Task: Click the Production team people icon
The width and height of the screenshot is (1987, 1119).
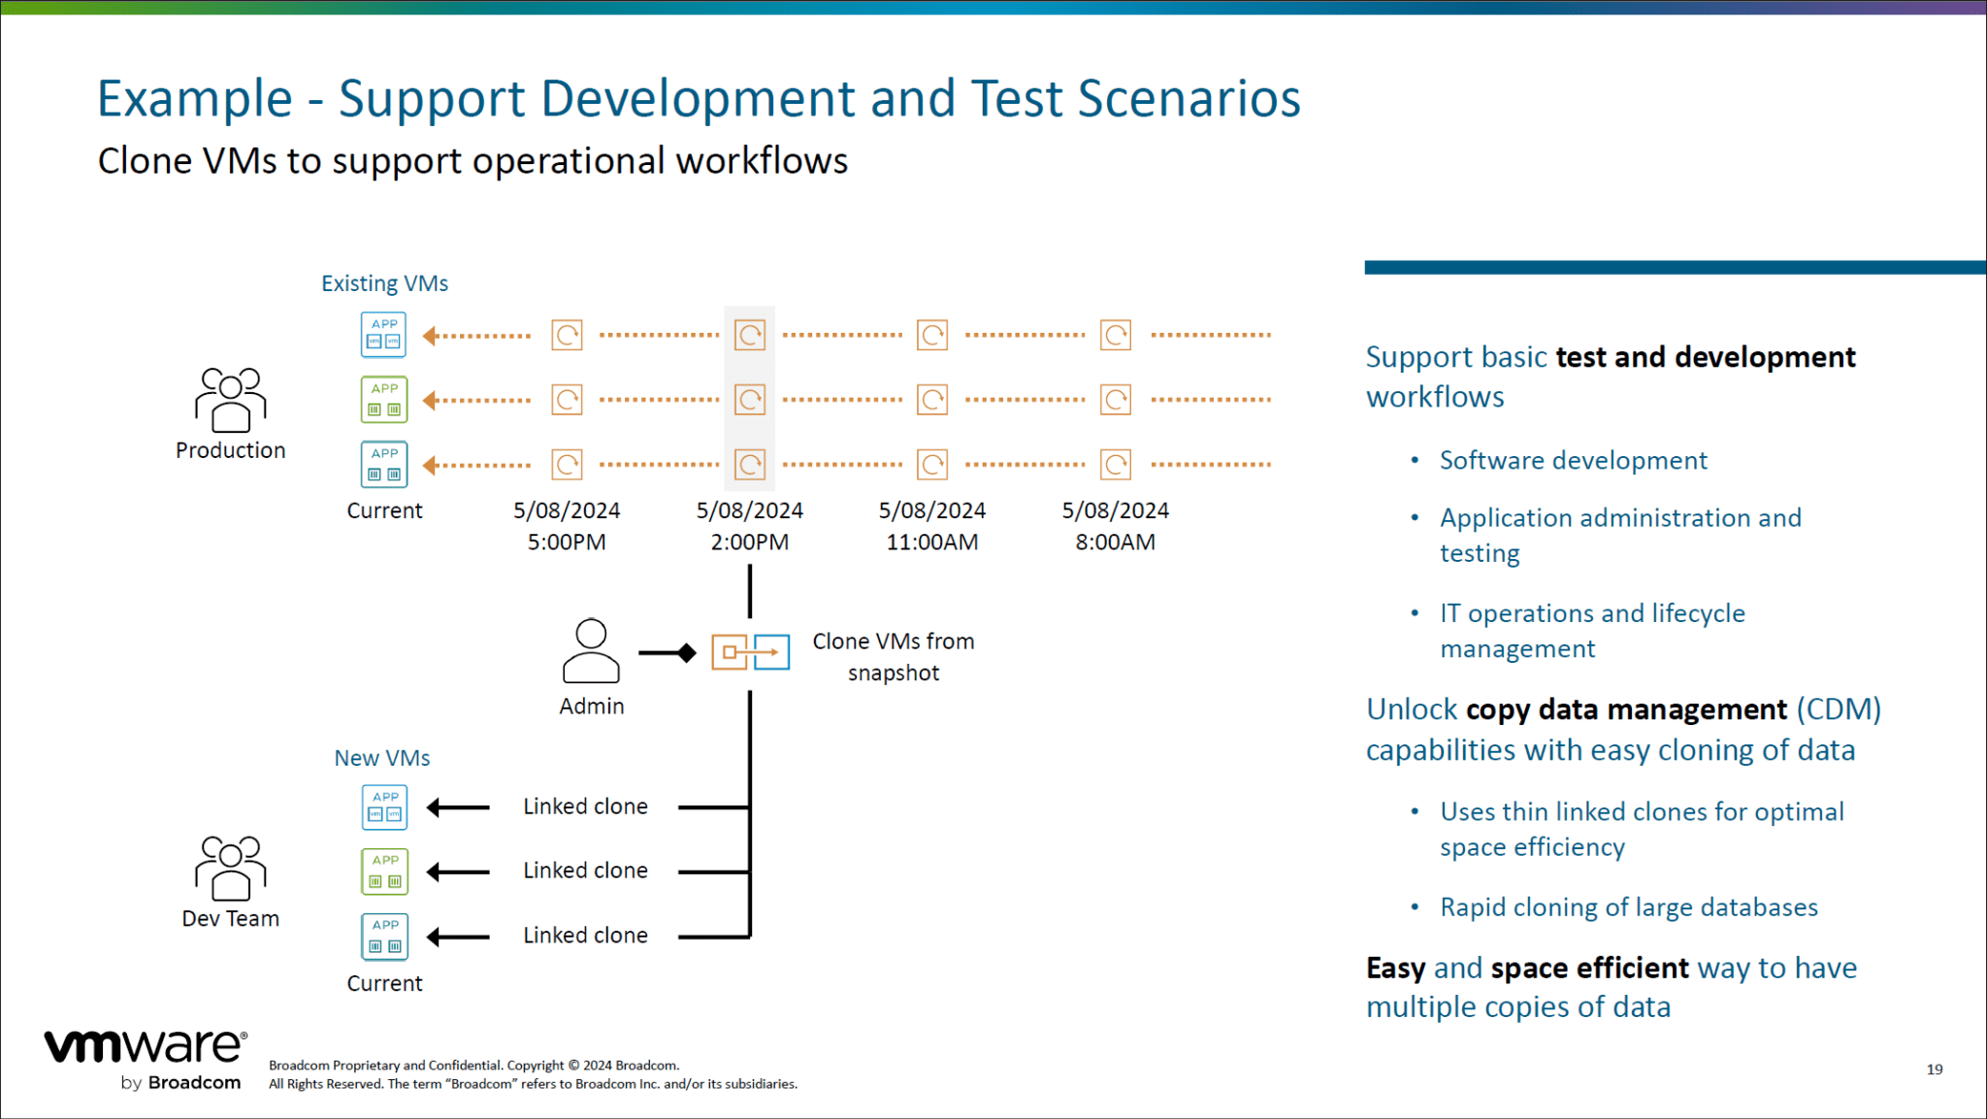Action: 230,399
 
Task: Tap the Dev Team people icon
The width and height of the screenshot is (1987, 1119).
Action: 230,868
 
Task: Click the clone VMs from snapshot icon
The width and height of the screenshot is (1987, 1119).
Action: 750,652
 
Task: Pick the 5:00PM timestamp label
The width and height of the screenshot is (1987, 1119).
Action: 567,542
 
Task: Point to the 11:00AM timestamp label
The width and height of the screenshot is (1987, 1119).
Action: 931,542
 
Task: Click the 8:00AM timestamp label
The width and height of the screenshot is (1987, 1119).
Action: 1115,542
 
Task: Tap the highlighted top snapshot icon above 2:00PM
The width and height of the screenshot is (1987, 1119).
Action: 750,336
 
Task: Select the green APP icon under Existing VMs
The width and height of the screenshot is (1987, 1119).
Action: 384,400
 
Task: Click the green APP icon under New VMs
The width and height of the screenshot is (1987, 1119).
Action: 384,872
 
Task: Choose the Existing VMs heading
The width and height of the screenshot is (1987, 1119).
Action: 384,283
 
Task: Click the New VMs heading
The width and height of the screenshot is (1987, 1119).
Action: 382,758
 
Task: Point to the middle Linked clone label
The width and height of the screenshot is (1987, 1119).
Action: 585,871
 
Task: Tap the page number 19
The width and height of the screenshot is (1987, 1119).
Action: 1934,1070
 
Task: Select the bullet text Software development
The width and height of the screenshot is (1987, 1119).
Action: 1573,460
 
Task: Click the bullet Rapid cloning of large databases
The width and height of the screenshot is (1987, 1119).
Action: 1628,907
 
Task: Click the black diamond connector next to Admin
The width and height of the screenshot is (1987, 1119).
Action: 687,653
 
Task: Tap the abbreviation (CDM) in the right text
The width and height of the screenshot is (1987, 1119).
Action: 1838,709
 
